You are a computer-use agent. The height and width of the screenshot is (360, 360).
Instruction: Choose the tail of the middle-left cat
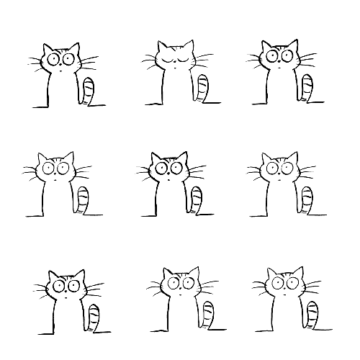[84, 200]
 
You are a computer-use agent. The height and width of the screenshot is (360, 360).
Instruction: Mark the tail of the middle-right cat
[307, 200]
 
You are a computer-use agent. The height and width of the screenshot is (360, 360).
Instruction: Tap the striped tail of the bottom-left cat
[94, 318]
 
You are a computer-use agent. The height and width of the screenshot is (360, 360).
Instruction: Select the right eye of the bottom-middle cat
[190, 283]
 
